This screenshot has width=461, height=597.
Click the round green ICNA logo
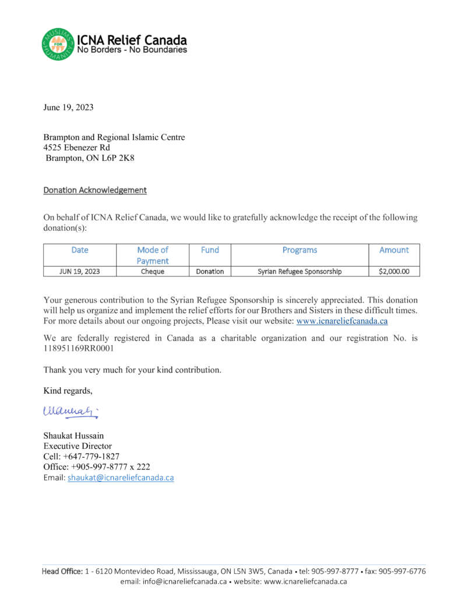click(58, 44)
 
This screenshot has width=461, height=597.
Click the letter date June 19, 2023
click(68, 107)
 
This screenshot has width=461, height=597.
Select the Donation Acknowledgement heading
click(95, 190)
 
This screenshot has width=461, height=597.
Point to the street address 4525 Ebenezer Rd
click(76, 148)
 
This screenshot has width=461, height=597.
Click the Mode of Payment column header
click(153, 255)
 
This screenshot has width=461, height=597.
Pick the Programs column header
click(300, 250)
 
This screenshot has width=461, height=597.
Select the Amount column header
click(394, 250)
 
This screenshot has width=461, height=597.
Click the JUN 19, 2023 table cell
click(80, 271)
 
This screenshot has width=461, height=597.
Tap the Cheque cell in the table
click(153, 271)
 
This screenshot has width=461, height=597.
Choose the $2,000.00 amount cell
click(394, 271)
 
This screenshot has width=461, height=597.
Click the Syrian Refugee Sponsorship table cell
click(300, 271)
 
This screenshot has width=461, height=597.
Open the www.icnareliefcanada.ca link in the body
click(342, 321)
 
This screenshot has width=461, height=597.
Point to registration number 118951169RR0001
click(79, 348)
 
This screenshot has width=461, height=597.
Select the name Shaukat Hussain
click(75, 436)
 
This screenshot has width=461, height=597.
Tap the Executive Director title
click(78, 446)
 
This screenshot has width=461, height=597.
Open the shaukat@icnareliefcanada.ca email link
click(121, 477)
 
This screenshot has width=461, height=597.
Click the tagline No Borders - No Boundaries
click(132, 50)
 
